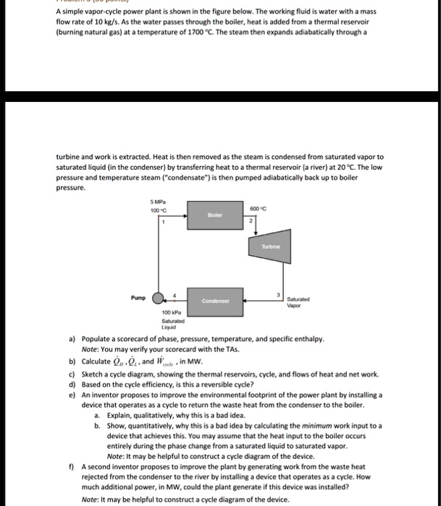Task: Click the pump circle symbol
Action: click(x=157, y=297)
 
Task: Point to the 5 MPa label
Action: click(x=156, y=201)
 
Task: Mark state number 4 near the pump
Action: click(x=172, y=290)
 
